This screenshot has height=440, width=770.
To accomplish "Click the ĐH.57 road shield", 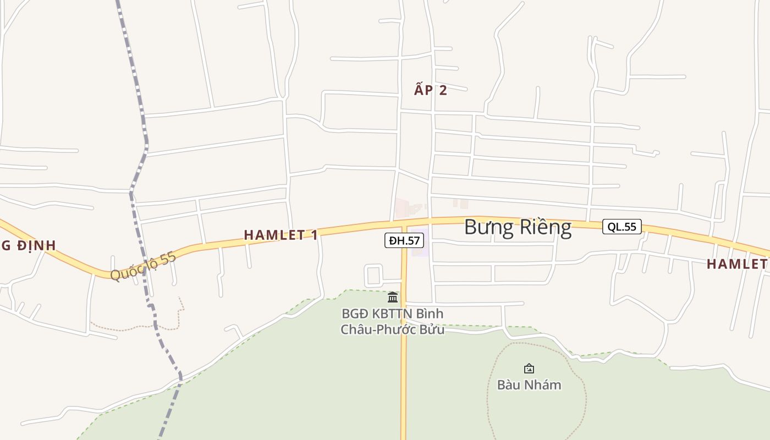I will [404, 240].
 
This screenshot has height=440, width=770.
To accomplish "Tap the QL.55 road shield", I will [622, 227].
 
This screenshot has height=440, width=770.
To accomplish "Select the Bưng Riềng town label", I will [518, 227].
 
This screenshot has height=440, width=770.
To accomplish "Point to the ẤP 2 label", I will [431, 90].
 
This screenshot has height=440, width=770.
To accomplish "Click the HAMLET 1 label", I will [280, 235].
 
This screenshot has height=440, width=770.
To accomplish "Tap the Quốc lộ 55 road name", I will [143, 266].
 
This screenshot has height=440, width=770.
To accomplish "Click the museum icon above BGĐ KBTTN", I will [393, 298].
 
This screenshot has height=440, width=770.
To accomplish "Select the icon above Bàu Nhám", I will [529, 369].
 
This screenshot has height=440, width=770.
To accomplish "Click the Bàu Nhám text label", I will [529, 384].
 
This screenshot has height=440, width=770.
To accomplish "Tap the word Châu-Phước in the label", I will [371, 330].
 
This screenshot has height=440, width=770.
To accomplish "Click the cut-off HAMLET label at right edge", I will [738, 264].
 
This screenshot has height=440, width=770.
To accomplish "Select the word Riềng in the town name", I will [544, 227].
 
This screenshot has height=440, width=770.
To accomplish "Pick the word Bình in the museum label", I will [430, 313].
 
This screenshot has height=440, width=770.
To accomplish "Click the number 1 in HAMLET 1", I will [314, 235].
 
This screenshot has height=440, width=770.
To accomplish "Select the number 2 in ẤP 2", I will [443, 90].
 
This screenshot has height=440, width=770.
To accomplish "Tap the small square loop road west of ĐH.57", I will [373, 275].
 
